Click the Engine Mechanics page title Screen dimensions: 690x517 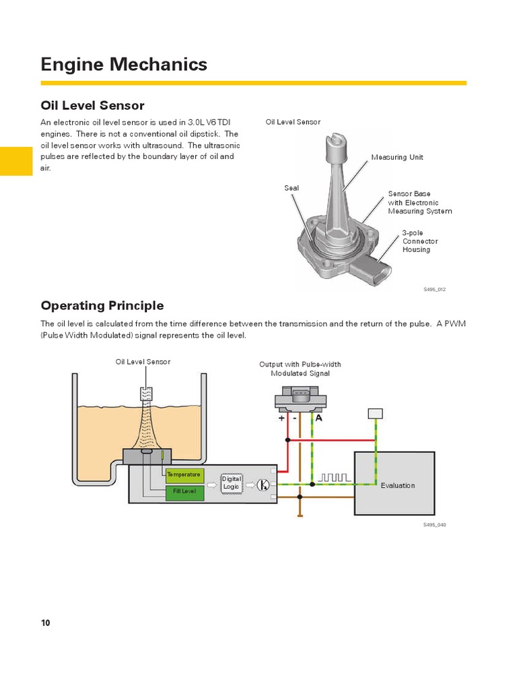[124, 65]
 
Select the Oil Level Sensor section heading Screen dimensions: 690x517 [93, 106]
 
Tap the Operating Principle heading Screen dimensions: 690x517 [102, 305]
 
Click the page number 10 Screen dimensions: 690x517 [46, 623]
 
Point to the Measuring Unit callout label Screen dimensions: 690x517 [397, 157]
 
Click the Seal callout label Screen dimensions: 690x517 [291, 188]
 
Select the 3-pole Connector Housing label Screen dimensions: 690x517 [420, 241]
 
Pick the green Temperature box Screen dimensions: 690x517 [184, 474]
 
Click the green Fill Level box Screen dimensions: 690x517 [184, 491]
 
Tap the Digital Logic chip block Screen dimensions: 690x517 [232, 482]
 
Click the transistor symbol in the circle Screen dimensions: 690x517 [264, 484]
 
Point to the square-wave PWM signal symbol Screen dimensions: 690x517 [334, 477]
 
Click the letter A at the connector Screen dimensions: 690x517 [319, 418]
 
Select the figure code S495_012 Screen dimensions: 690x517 [435, 289]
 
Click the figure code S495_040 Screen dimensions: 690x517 [435, 525]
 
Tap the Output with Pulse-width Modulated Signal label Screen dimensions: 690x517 [300, 369]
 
